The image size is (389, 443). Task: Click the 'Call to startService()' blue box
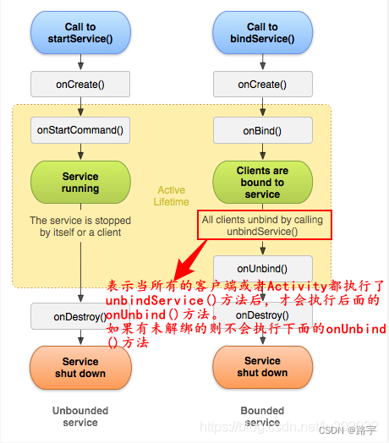click(x=80, y=33)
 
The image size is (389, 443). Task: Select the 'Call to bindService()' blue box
click(x=262, y=33)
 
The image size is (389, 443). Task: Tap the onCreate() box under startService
click(x=80, y=84)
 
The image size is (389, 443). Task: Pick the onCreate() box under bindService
click(x=262, y=84)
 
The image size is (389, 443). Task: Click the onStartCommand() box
click(x=80, y=130)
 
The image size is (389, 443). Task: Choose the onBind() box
click(x=262, y=130)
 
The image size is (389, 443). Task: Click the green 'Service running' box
click(x=80, y=183)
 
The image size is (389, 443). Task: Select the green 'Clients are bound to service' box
click(x=262, y=183)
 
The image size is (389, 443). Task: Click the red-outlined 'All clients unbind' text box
click(x=261, y=225)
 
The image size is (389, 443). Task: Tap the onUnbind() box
click(x=262, y=268)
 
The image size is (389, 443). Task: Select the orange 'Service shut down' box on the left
click(x=80, y=367)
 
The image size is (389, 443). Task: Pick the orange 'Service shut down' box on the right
click(x=262, y=367)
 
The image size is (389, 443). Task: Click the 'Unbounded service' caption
click(x=80, y=417)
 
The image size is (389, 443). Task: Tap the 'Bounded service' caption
click(x=262, y=417)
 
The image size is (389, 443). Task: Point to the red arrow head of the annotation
click(x=173, y=264)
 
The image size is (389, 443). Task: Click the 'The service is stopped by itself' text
click(x=80, y=226)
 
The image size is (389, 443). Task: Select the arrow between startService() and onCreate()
click(x=80, y=61)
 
